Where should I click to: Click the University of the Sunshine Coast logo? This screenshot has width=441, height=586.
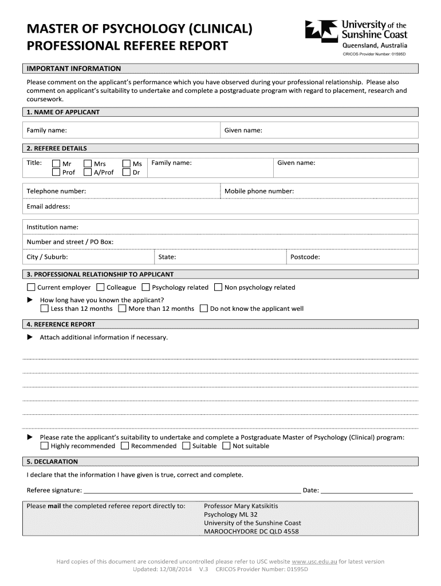[356, 34]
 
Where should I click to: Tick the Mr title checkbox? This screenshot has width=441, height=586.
[56, 164]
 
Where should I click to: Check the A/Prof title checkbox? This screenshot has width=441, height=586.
[88, 172]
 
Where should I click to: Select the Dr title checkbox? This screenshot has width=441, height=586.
[127, 172]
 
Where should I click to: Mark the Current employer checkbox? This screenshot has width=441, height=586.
[31, 287]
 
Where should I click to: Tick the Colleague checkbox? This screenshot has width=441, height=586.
[100, 287]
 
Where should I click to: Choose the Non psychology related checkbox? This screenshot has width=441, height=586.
[218, 287]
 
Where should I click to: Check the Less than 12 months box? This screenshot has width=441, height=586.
[45, 308]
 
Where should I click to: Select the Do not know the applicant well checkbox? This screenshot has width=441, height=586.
[204, 308]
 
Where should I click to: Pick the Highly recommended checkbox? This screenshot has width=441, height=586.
[45, 446]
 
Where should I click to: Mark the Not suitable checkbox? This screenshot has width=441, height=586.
[226, 446]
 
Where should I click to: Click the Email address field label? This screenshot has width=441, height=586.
[48, 207]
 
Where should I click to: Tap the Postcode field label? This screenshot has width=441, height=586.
[305, 257]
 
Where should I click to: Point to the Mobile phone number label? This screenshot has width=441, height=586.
[259, 191]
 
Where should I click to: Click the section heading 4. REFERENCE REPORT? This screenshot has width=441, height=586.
[61, 324]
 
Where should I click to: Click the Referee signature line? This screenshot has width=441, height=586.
[192, 490]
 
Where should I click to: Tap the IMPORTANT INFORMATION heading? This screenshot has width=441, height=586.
[74, 69]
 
